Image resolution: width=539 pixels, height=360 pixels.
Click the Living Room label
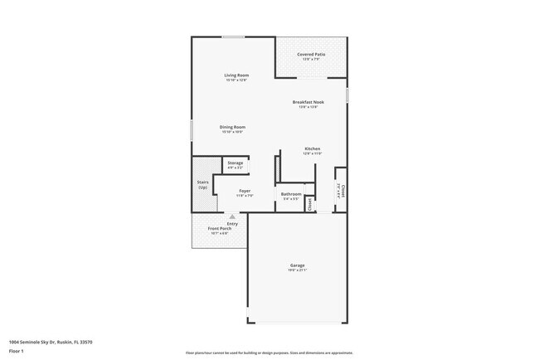(236, 75)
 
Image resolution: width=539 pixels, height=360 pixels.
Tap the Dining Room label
(233, 127)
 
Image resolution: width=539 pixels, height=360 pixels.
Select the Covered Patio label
(311, 55)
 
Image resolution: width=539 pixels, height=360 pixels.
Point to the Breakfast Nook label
(308, 102)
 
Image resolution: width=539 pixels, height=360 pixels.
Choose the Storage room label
(236, 163)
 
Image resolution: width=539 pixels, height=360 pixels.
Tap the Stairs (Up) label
(202, 184)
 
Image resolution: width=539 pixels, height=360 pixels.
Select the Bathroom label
(291, 194)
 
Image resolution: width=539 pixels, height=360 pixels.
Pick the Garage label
(298, 265)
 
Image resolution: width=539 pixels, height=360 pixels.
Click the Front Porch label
(219, 228)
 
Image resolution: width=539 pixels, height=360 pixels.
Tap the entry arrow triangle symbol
(232, 216)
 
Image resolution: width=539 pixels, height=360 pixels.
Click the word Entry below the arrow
(232, 223)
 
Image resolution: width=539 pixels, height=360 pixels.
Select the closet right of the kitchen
(340, 190)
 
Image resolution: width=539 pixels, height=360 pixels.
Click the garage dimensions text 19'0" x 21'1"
(298, 270)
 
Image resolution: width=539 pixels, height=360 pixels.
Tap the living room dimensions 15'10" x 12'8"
(236, 80)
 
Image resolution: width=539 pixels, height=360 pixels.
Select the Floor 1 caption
(17, 351)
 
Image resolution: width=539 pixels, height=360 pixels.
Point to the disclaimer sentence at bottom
(269, 352)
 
